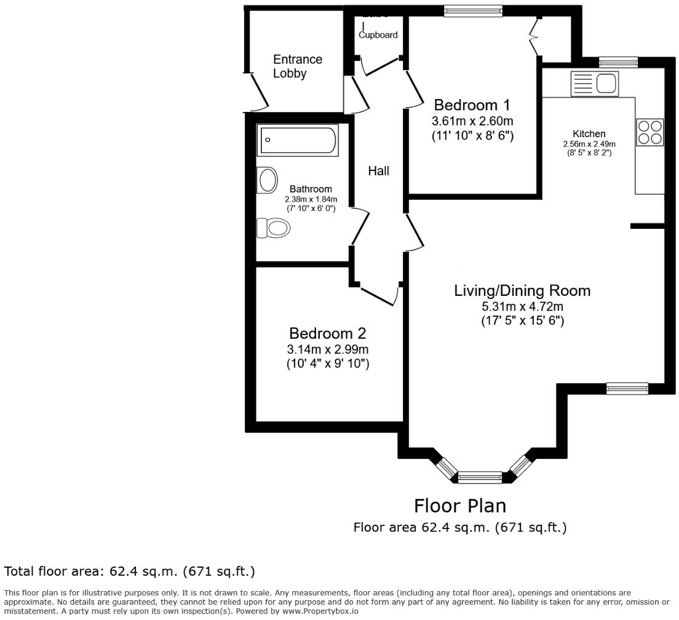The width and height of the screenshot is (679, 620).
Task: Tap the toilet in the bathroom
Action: [x=273, y=228]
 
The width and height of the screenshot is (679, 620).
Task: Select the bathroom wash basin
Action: [x=268, y=180]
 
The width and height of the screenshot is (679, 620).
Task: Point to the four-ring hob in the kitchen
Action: [x=650, y=131]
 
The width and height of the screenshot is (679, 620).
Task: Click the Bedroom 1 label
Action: [x=472, y=104]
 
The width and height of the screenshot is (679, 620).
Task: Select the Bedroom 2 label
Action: [x=327, y=333]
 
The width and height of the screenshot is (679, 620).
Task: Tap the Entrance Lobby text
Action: [x=298, y=66]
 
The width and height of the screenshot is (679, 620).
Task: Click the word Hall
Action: [x=378, y=171]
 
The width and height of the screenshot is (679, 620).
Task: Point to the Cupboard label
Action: [x=378, y=35]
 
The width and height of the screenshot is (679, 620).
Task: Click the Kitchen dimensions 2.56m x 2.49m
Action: [x=589, y=144]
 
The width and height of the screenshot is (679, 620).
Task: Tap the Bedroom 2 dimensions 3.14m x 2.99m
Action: [x=327, y=349]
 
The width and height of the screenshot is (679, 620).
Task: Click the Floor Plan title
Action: [x=459, y=506]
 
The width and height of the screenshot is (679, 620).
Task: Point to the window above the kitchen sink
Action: [x=618, y=62]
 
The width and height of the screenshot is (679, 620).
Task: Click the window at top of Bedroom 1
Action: [x=473, y=9]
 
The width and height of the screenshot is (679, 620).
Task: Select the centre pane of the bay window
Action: [x=480, y=476]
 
